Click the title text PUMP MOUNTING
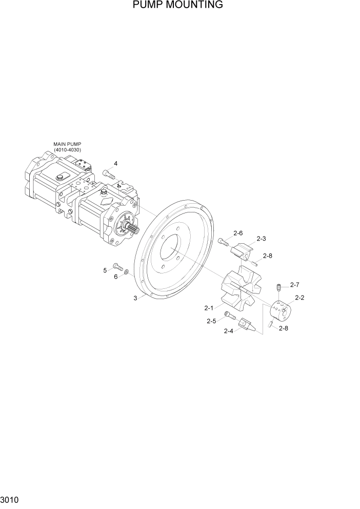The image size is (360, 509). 177,5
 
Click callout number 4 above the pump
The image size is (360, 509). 116,164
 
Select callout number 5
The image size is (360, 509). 105,270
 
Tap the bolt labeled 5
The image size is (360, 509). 118,267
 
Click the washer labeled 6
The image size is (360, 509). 127,270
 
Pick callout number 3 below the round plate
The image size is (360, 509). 135,298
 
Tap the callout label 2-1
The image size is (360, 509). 209,308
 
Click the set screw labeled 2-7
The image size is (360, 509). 279,287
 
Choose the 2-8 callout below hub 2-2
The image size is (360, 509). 283,328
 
